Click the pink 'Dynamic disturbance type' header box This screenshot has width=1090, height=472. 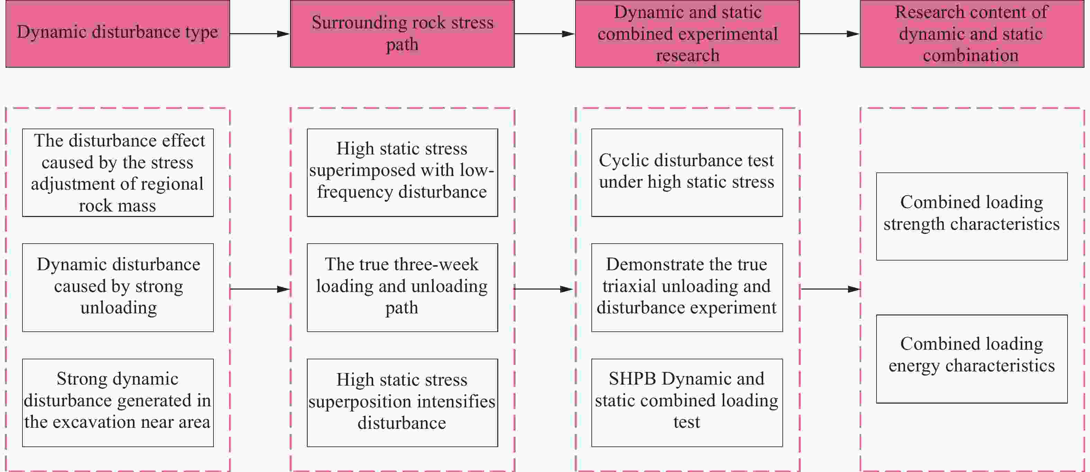[x=118, y=34]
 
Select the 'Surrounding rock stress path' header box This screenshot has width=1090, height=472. [x=402, y=34]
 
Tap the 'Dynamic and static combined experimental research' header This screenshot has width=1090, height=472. [x=688, y=34]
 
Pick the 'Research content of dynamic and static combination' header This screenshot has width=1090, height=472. [x=972, y=34]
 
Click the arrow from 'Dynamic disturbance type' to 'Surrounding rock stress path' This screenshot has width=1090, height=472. [x=260, y=34]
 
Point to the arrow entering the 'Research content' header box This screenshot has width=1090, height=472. [x=830, y=34]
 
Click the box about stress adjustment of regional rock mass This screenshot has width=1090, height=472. [x=118, y=173]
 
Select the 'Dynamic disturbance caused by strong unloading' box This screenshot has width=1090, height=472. [x=118, y=288]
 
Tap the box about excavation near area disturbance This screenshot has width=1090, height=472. [x=118, y=403]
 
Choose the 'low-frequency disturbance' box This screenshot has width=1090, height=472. [x=402, y=173]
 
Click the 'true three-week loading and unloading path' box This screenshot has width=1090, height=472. [x=402, y=288]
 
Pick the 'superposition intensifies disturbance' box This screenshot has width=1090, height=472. [x=402, y=403]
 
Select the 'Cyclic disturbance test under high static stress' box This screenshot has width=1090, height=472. [x=687, y=173]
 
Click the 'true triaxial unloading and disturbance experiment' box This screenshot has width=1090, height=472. [x=687, y=288]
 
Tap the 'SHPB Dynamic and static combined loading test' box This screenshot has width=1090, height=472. [x=687, y=403]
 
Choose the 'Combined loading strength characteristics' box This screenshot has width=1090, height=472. [x=972, y=216]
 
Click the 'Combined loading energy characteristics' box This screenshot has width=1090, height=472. [x=972, y=359]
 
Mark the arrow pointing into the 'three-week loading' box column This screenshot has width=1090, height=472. [x=260, y=289]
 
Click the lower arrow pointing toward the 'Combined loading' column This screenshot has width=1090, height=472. [x=830, y=289]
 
